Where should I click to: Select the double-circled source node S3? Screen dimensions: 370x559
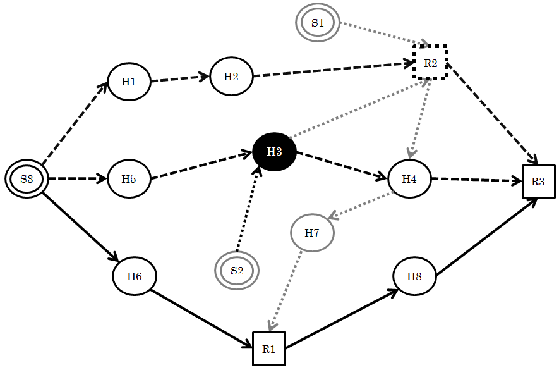(x=27, y=179)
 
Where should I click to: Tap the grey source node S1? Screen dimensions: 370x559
(x=317, y=23)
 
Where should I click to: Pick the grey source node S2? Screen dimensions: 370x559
(x=237, y=271)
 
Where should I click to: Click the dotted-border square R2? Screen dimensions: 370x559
(x=430, y=63)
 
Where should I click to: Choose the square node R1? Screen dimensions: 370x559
(x=269, y=348)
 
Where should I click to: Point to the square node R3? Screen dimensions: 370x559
(x=538, y=182)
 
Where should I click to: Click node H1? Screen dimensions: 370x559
(x=129, y=82)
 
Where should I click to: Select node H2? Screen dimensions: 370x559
(x=231, y=77)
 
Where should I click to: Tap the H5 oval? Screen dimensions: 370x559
(x=129, y=179)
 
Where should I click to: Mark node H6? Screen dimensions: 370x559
(x=135, y=276)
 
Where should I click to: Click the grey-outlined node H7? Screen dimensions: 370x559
(x=312, y=233)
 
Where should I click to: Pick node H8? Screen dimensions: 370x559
(x=414, y=277)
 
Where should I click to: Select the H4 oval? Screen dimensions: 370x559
(x=409, y=179)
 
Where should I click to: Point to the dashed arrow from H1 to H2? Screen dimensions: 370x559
(x=180, y=79)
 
